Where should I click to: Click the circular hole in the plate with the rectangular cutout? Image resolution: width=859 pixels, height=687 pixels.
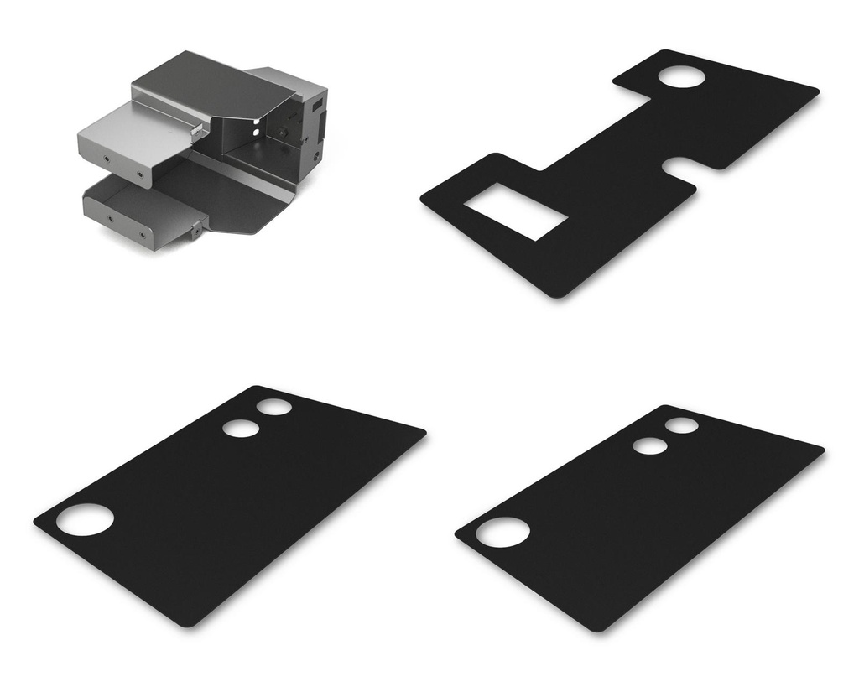(681, 76)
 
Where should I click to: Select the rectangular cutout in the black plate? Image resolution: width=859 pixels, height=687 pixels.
(516, 211)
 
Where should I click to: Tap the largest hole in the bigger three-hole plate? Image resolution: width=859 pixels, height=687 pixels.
(85, 520)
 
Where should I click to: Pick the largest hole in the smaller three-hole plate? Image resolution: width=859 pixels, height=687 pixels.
(502, 533)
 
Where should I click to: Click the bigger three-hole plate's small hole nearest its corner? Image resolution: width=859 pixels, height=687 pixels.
(274, 407)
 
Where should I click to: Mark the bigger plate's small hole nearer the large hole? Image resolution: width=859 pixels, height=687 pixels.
(241, 428)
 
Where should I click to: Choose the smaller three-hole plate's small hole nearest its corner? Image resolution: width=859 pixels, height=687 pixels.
(682, 425)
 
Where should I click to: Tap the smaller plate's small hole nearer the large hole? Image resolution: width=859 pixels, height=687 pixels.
(649, 446)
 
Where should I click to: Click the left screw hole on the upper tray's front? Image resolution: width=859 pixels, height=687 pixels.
(107, 157)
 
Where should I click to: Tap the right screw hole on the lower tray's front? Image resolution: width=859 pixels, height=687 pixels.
(142, 236)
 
